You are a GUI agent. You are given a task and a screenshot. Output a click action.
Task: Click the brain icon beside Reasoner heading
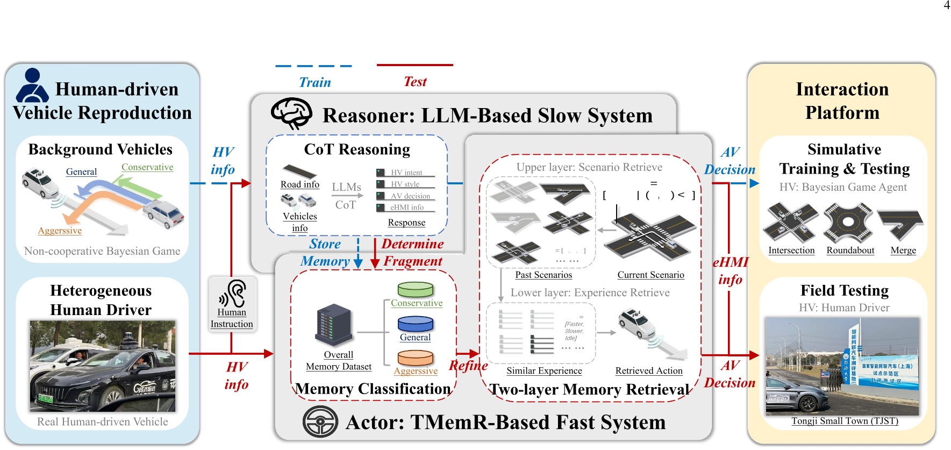coord(291,113)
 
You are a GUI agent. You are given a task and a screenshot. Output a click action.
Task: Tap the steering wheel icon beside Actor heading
coord(320,422)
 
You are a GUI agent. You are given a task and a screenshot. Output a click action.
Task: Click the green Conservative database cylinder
coord(415,289)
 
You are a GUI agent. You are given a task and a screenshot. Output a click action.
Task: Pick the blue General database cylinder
coord(415,324)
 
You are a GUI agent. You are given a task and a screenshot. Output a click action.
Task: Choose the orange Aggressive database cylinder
coord(415,358)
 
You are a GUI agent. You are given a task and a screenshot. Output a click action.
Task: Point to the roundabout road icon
coord(848,222)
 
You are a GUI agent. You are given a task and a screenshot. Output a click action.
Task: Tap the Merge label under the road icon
coord(903,251)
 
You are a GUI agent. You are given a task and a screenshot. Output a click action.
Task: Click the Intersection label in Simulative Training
coord(791,251)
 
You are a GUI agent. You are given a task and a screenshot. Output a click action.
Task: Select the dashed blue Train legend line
coord(313,66)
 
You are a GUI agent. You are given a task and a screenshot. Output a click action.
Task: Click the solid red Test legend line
coord(414,65)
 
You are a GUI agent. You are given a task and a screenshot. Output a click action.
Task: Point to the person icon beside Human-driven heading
coord(32,85)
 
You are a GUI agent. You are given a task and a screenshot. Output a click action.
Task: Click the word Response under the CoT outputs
coord(406,223)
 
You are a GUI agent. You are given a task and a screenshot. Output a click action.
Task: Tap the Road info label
coord(299,184)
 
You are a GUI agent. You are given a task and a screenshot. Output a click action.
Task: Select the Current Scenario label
coord(650,275)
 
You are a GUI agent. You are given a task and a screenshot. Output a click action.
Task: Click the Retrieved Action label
coord(648,370)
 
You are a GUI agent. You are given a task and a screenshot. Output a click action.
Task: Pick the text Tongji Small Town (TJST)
coord(844,421)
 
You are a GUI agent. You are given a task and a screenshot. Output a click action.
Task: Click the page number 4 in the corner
coord(946,5)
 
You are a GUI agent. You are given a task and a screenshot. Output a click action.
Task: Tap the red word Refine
coord(468,366)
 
